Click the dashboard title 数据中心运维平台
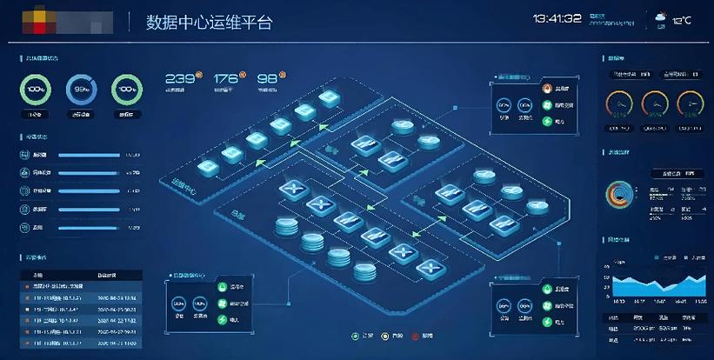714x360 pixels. click(209, 22)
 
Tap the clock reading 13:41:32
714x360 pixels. click(557, 18)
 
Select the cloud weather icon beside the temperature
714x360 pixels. click(660, 17)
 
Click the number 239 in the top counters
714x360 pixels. click(178, 79)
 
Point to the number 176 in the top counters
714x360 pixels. click(224, 79)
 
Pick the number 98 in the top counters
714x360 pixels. click(267, 79)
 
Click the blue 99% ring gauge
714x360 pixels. click(82, 89)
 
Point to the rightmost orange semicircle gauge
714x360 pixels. click(691, 105)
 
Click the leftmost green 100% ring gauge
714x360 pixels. click(37, 89)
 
